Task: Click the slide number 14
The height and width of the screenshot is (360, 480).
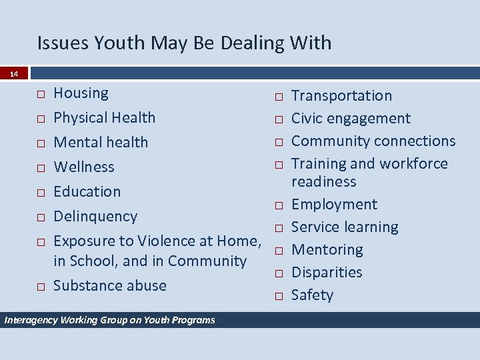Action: coord(14,74)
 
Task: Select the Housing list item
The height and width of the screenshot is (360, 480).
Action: coord(81,93)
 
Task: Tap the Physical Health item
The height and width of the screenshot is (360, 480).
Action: coord(104,117)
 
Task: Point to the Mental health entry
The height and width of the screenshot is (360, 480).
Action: coord(101,142)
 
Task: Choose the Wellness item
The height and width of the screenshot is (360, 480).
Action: coord(83,167)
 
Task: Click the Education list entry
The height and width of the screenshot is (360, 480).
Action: coord(87,191)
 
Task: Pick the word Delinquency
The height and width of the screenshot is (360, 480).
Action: coord(95,216)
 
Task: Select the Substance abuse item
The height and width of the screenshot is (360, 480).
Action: coord(109,285)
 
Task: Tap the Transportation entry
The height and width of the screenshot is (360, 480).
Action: coord(341,95)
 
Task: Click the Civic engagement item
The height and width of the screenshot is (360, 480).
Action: coord(351,118)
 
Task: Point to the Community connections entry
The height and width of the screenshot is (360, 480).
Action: coord(373,141)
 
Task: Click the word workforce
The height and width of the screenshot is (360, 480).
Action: coord(413,163)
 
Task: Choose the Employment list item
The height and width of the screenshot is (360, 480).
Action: coord(334,204)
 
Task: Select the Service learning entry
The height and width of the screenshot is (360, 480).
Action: coord(345,227)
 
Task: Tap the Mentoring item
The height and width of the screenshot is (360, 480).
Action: coord(327,249)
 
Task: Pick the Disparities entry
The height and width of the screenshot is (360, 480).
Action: coord(327,272)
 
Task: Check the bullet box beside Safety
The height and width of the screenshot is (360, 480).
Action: coord(277,295)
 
